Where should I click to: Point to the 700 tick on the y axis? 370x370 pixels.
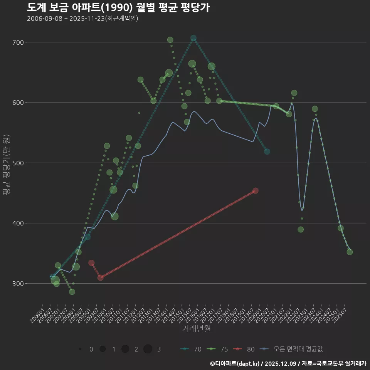[18, 42]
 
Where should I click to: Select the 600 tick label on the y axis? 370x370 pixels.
[18, 103]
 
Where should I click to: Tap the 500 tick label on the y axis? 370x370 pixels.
[18, 163]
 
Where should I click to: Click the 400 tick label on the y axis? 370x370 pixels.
[18, 223]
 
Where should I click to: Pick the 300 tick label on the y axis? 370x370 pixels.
[18, 284]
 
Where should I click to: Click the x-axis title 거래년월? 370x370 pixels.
[196, 329]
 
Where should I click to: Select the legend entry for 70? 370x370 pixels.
[191, 349]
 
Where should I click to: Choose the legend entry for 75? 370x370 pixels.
[218, 349]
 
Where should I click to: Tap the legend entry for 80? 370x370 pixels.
[244, 349]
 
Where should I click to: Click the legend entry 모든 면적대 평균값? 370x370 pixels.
[292, 349]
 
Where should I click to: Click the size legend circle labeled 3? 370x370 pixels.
[148, 349]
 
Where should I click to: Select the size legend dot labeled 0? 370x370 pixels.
[80, 349]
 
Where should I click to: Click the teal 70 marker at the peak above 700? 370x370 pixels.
[193, 38]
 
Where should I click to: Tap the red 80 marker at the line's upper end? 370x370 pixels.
[255, 191]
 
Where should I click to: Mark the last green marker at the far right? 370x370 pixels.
[350, 252]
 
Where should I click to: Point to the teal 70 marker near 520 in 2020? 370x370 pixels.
[267, 151]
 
